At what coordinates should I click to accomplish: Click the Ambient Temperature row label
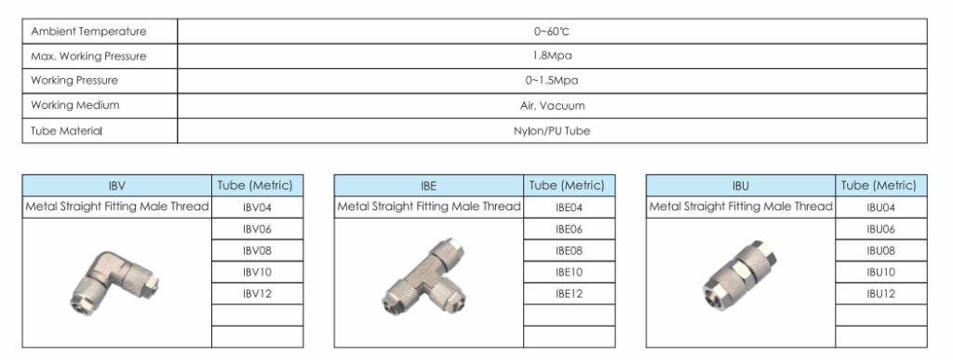(x=88, y=32)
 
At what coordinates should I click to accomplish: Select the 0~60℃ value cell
(x=552, y=32)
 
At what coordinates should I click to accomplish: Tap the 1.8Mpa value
(x=552, y=56)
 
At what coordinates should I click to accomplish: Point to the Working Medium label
(x=75, y=105)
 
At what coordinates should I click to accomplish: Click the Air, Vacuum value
(x=552, y=106)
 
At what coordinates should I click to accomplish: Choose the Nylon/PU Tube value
(x=552, y=130)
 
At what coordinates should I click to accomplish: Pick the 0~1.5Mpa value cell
(x=552, y=81)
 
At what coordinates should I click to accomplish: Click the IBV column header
(x=116, y=186)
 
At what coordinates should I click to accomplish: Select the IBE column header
(x=428, y=186)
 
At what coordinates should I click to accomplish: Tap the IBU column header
(x=740, y=186)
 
